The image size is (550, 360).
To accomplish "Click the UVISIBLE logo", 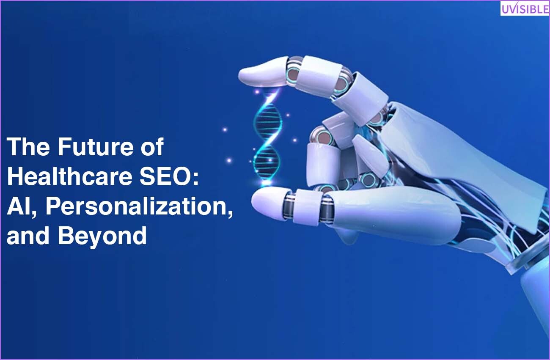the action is (x=525, y=8).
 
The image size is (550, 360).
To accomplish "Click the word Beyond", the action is (x=102, y=236).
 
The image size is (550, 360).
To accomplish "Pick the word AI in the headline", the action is (x=19, y=206).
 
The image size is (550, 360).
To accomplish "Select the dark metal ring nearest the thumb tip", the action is (x=289, y=206).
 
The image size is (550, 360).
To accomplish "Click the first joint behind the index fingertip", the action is (x=294, y=73).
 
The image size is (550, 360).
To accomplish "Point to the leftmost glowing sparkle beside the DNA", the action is (x=224, y=129).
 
